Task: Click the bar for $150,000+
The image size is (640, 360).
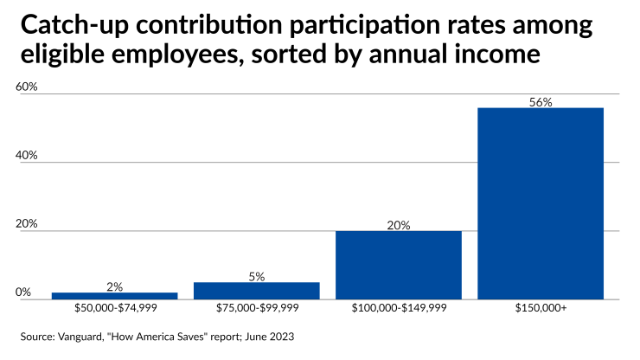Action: [541, 203]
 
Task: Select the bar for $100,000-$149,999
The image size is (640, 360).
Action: [398, 265]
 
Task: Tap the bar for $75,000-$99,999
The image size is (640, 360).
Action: [256, 291]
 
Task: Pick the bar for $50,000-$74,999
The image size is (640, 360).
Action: [114, 296]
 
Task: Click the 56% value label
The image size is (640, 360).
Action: [541, 102]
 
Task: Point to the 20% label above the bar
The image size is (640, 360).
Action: [398, 225]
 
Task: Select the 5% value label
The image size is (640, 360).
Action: [256, 276]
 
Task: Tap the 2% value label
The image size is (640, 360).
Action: [114, 286]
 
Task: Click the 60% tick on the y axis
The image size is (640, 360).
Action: [28, 87]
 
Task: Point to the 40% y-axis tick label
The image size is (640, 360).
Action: [28, 155]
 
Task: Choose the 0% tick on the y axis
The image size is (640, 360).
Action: [24, 292]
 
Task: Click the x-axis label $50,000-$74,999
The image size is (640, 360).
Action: [114, 308]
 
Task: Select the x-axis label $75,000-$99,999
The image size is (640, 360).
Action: [256, 308]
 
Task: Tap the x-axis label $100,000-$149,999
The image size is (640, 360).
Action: [398, 308]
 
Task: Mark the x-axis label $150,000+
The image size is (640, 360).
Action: [541, 308]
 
